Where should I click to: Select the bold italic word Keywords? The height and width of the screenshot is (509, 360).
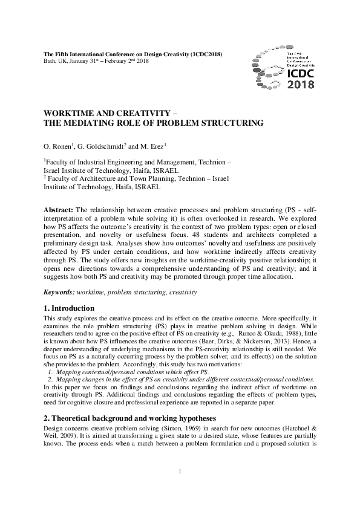[x=59, y=292]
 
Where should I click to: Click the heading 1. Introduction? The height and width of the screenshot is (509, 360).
[x=69, y=308]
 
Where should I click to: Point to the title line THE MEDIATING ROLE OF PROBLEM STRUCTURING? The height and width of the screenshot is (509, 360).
[x=154, y=123]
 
